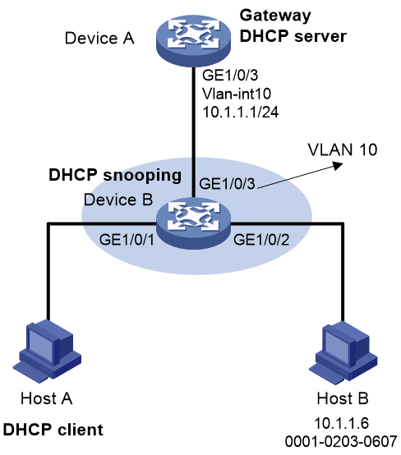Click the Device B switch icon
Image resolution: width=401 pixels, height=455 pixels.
pyautogui.click(x=193, y=223)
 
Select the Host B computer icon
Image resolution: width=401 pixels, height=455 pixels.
pyautogui.click(x=346, y=353)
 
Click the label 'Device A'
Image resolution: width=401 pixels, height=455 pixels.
pyautogui.click(x=99, y=39)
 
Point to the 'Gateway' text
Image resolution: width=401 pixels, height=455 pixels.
pyautogui.click(x=275, y=15)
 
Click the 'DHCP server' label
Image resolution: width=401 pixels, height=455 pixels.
pyautogui.click(x=293, y=36)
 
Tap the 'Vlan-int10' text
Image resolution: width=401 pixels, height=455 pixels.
pyautogui.click(x=237, y=94)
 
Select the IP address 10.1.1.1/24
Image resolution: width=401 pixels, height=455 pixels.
pyautogui.click(x=241, y=112)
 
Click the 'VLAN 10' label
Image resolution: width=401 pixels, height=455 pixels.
pyautogui.click(x=343, y=149)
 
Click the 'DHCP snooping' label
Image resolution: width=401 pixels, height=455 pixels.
pyautogui.click(x=115, y=176)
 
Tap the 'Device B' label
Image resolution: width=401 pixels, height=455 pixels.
pyautogui.click(x=118, y=200)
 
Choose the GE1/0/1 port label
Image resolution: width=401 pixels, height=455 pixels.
pyautogui.click(x=127, y=240)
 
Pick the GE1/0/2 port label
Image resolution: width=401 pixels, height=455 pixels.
pyautogui.click(x=261, y=240)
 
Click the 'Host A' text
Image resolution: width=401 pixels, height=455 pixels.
pyautogui.click(x=47, y=398)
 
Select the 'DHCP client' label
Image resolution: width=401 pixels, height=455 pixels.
pyautogui.click(x=53, y=430)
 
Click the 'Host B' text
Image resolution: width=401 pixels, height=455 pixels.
pyautogui.click(x=343, y=398)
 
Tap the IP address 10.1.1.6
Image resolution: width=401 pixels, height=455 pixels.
pyautogui.click(x=342, y=423)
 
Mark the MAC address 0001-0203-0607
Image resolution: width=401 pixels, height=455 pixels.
pyautogui.click(x=341, y=442)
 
